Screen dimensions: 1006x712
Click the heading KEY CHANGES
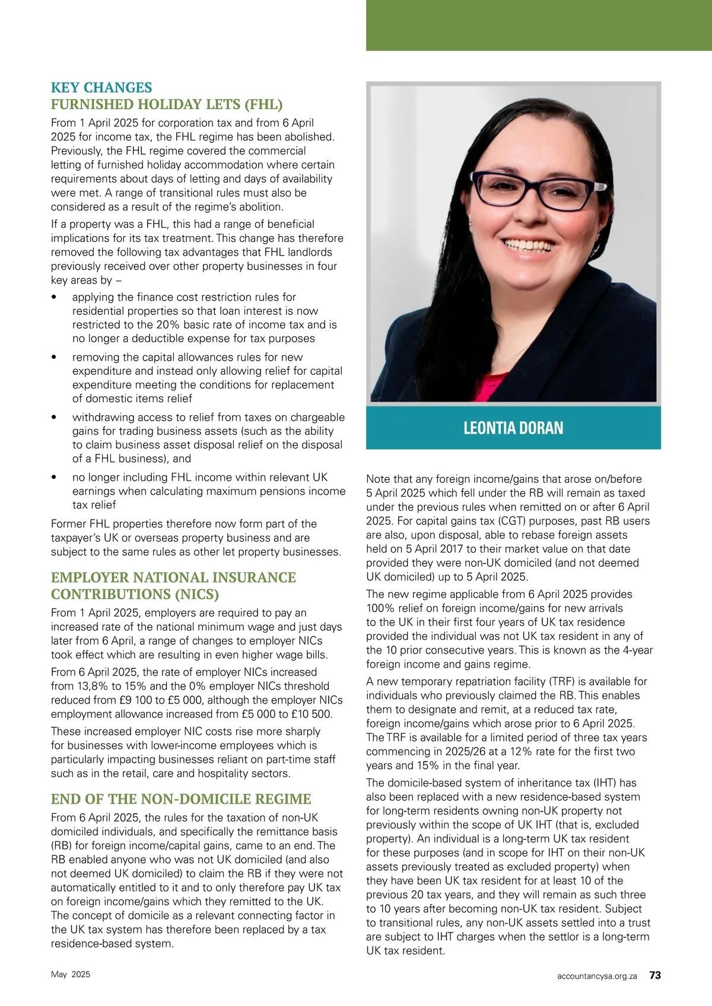(x=101, y=88)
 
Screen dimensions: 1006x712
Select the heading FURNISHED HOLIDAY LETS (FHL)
(x=167, y=104)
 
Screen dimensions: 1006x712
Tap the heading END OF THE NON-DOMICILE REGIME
(x=181, y=799)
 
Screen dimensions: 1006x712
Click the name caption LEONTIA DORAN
(x=513, y=428)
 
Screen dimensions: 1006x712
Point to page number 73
(x=655, y=975)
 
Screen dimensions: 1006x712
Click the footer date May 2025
(x=71, y=975)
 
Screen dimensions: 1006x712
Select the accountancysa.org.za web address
(x=597, y=975)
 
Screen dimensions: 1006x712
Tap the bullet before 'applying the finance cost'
(x=55, y=297)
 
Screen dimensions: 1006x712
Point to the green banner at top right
(x=538, y=25)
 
